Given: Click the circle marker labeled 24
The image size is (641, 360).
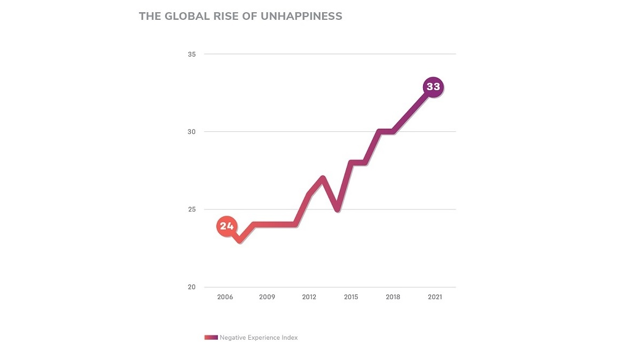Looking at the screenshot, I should pyautogui.click(x=226, y=226).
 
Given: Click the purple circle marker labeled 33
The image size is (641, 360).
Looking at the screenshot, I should pyautogui.click(x=433, y=87).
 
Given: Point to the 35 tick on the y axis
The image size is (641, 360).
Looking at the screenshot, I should pyautogui.click(x=192, y=54).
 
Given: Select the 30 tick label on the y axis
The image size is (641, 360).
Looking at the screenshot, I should pyautogui.click(x=192, y=132).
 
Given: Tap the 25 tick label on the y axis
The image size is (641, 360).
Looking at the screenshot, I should pyautogui.click(x=192, y=209).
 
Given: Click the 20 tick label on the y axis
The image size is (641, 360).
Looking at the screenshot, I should pyautogui.click(x=192, y=287).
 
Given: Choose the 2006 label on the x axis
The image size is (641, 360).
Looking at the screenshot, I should pyautogui.click(x=225, y=297).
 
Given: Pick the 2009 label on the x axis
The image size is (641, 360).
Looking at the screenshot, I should pyautogui.click(x=267, y=297).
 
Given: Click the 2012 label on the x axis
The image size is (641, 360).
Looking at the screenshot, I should pyautogui.click(x=309, y=297).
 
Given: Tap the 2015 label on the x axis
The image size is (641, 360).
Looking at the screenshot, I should pyautogui.click(x=351, y=297).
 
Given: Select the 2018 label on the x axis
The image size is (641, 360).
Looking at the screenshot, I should pyautogui.click(x=393, y=297).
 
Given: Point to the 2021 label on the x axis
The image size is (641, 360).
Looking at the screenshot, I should pyautogui.click(x=435, y=297).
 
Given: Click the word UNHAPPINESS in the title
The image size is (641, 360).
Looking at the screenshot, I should pyautogui.click(x=301, y=16).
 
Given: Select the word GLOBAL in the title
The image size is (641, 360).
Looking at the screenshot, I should pyautogui.click(x=183, y=16).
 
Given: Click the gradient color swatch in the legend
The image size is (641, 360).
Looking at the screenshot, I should pyautogui.click(x=211, y=338).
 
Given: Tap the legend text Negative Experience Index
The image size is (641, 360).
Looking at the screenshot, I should pyautogui.click(x=259, y=338).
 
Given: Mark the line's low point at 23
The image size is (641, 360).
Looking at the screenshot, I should pyautogui.click(x=240, y=241).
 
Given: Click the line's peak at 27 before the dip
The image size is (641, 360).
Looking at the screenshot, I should pyautogui.click(x=323, y=178).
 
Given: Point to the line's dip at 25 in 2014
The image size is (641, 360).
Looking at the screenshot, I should pyautogui.click(x=337, y=209).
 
